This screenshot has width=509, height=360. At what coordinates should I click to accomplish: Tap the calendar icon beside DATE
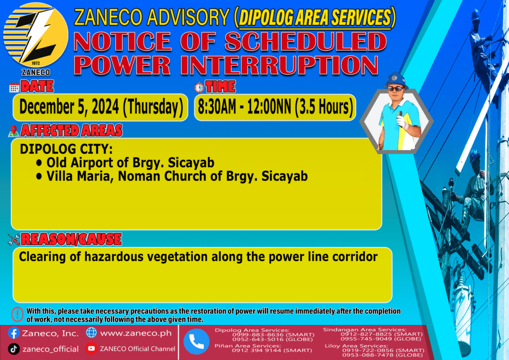[14, 88]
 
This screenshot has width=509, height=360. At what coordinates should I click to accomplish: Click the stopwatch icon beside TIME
[199, 87]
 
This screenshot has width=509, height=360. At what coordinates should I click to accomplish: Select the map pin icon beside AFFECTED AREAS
[13, 131]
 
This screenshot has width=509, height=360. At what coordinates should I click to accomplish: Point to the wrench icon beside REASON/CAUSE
[14, 240]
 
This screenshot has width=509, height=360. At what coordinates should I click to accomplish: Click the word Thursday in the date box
[153, 107]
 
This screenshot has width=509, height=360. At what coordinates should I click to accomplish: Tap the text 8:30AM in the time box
[217, 107]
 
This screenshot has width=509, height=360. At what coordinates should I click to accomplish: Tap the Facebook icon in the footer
[14, 333]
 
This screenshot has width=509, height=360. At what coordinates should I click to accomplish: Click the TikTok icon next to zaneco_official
[13, 349]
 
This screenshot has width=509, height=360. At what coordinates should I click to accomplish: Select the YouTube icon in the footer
[91, 349]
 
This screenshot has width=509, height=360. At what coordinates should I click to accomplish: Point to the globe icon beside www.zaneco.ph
[91, 333]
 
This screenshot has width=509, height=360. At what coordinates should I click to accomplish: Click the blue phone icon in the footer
[196, 342]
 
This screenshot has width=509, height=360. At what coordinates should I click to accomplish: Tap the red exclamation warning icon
[17, 314]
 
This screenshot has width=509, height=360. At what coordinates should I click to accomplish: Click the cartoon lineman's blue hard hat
[395, 80]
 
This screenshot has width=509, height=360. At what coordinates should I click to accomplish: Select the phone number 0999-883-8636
[256, 334]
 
